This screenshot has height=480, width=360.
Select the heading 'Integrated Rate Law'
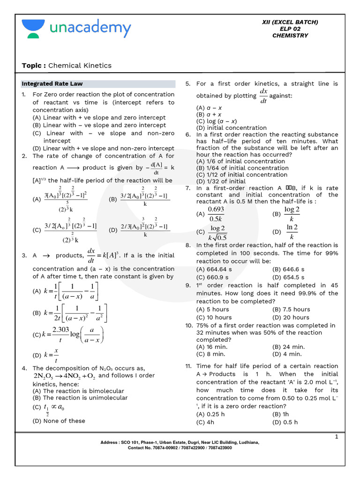click(52, 84)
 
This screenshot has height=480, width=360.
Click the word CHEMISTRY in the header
click(290, 36)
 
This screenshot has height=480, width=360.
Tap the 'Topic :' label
click(34, 66)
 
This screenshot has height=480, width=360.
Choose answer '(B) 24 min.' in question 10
click(288, 347)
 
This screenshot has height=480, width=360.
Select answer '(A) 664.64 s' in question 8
click(214, 269)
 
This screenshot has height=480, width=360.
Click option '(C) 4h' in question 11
click(206, 422)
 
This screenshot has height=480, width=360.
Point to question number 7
click(187, 188)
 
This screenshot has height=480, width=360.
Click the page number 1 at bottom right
click(336, 437)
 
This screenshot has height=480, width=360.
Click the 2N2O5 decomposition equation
click(64, 376)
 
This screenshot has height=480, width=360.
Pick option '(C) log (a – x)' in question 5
click(217, 121)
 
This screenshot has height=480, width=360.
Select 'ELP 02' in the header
click(290, 29)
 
